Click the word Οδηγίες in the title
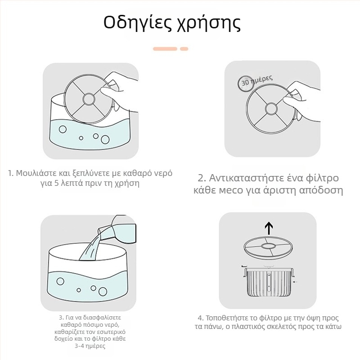pos(135,22)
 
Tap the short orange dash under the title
pos(184,48)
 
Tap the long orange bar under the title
pos(165,48)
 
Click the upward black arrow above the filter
pos(269,228)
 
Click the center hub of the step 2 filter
pos(271,108)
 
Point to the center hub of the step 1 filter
pos(87,98)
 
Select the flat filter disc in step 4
pos(269,247)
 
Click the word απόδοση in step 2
pos(320,190)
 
